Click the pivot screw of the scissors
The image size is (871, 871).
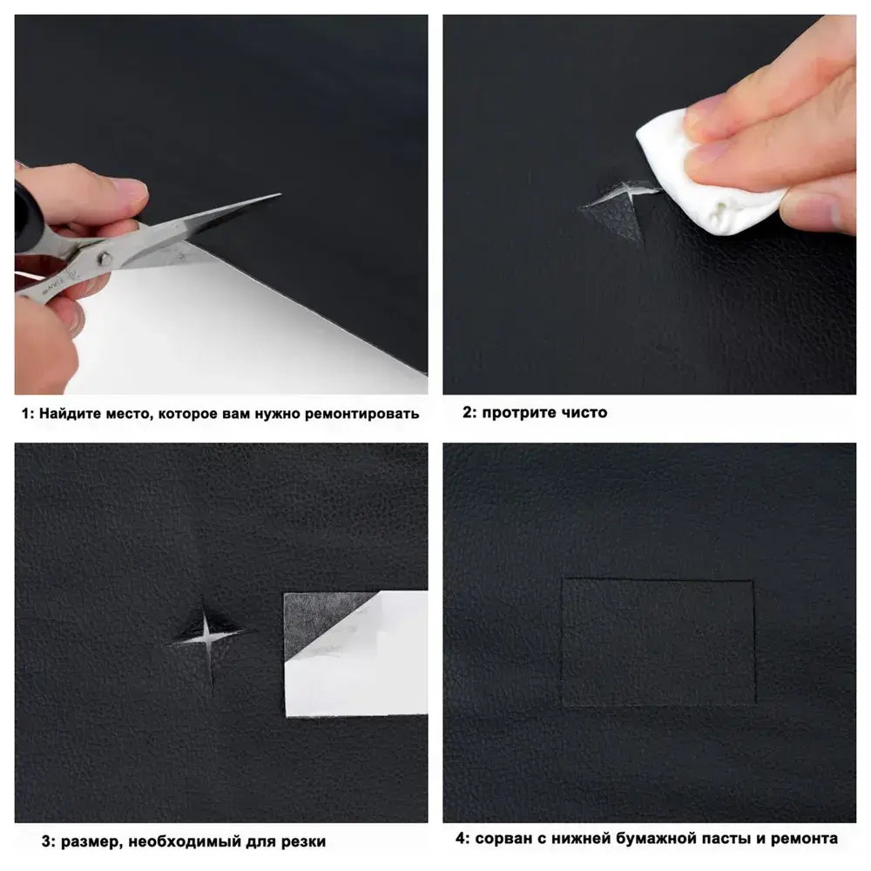tap(104, 258)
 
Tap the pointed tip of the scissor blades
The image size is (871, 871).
tap(280, 194)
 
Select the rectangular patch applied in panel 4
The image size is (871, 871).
tap(658, 642)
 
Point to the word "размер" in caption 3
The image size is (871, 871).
tap(91, 841)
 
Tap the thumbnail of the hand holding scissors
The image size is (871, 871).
tap(221, 205)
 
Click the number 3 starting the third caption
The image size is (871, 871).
tap(46, 841)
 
